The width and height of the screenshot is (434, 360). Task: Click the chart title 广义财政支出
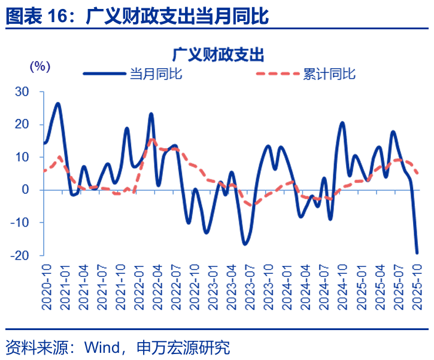point(218,55)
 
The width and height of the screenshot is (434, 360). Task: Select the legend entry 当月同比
point(156,74)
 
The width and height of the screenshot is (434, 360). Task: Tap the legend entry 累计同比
point(329,74)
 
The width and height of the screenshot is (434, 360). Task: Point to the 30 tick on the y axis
point(22,91)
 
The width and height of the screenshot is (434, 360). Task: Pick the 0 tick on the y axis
point(25,190)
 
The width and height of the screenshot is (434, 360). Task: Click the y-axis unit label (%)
point(40,66)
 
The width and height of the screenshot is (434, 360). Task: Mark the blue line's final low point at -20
point(417,253)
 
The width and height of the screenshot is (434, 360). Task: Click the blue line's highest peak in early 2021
point(58,103)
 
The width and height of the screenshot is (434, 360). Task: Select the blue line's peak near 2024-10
point(342,123)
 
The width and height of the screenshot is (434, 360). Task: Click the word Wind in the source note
point(102,347)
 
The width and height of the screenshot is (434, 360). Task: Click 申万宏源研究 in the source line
point(183,347)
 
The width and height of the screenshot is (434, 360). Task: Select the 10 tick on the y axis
point(22,157)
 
